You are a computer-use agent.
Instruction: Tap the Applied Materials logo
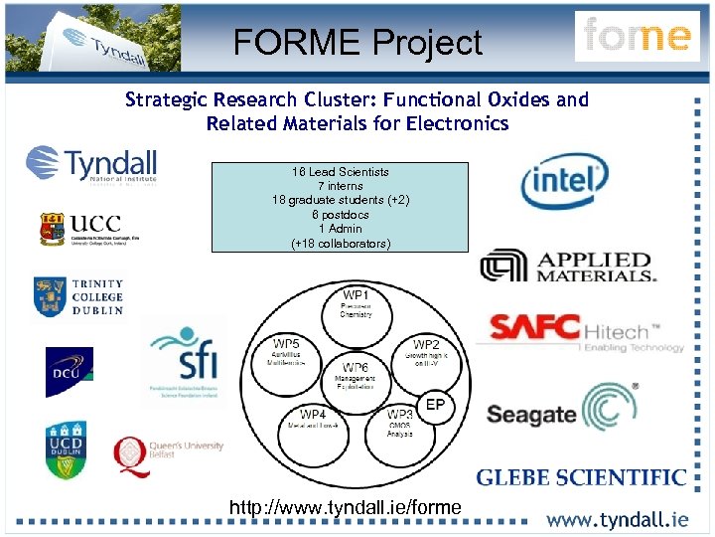point(569,266)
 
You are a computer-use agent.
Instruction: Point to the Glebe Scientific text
point(582,478)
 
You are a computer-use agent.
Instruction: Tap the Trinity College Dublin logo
point(78,296)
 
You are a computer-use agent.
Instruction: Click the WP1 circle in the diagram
point(356,305)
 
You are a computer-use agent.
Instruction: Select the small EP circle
point(435,405)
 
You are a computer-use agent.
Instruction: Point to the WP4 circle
point(313,421)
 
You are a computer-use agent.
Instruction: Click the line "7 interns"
point(340,186)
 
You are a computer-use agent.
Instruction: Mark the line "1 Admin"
point(340,229)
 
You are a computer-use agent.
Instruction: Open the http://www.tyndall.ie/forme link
point(346,508)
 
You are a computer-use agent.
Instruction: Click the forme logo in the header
point(637,37)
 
